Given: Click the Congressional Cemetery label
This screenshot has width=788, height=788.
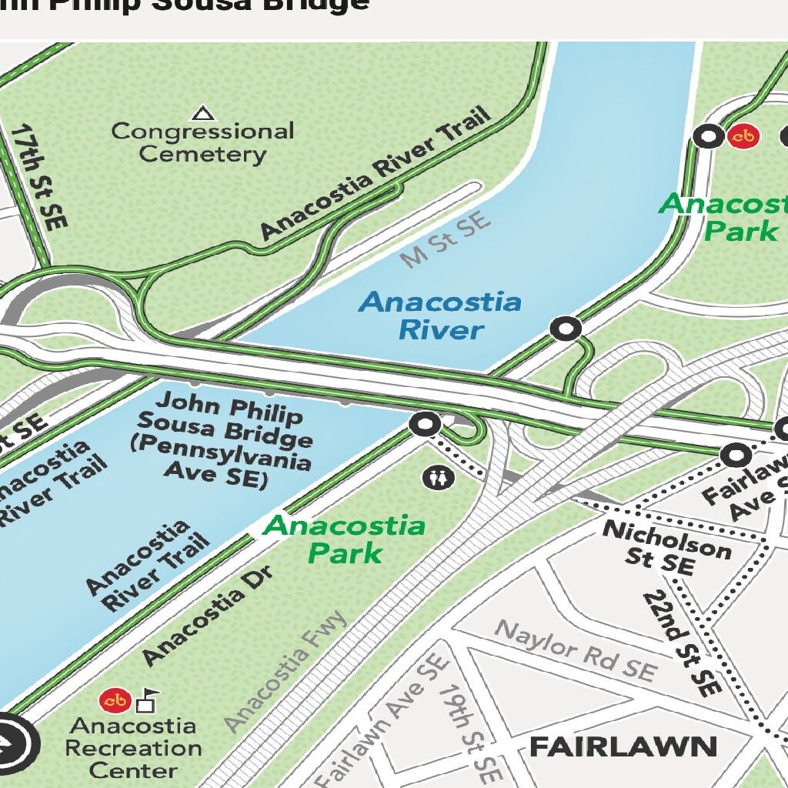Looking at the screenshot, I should (x=202, y=142).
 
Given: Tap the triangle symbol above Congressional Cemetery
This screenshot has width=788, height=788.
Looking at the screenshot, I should (x=203, y=114).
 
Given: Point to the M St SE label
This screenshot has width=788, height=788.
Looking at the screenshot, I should (x=446, y=240).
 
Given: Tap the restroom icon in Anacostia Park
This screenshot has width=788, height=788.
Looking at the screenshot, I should (x=439, y=478).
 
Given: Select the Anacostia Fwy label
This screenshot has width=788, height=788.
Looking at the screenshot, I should (x=286, y=672).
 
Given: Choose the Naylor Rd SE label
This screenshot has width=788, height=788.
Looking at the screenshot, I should (x=576, y=650).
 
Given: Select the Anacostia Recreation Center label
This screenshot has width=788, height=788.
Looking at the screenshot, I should (x=133, y=747).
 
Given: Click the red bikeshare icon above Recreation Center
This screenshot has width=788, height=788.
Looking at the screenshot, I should (x=115, y=700).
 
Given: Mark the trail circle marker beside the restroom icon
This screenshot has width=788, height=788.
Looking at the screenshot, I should (x=425, y=424).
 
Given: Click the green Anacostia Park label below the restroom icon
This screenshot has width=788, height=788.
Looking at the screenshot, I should (x=344, y=539).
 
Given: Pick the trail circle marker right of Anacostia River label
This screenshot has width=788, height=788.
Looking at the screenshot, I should (x=566, y=329).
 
